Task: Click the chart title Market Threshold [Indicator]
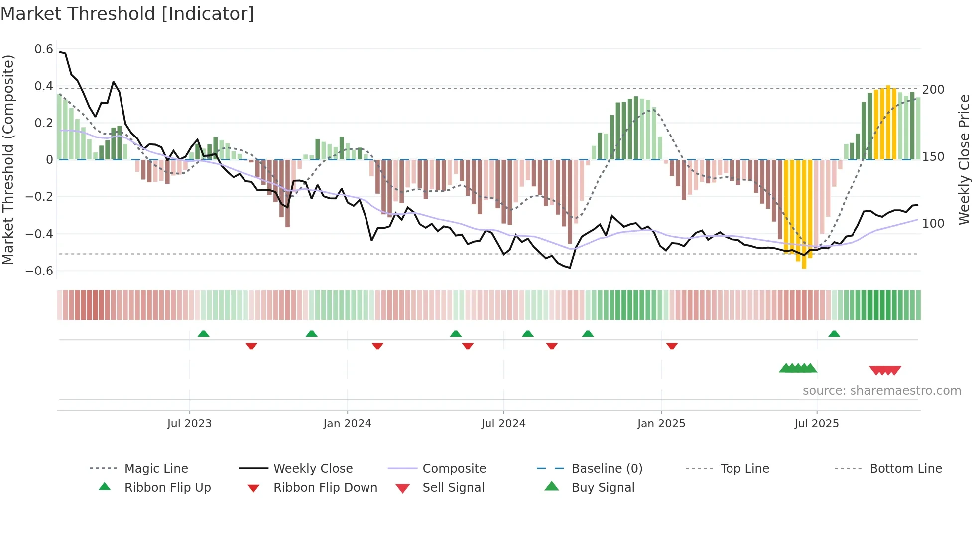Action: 127,14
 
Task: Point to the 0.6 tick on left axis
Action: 44,49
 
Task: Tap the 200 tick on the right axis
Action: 933,90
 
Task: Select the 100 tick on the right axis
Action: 933,224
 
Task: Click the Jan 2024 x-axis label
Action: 347,424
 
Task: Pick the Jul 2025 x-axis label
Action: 816,424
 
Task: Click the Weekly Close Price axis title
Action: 964,159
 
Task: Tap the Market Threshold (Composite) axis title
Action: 8,159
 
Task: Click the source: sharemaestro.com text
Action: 881,391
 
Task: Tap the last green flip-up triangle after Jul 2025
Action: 834,334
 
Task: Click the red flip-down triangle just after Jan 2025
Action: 672,346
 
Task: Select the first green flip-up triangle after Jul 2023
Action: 203,334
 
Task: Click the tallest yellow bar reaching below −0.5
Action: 804,214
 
